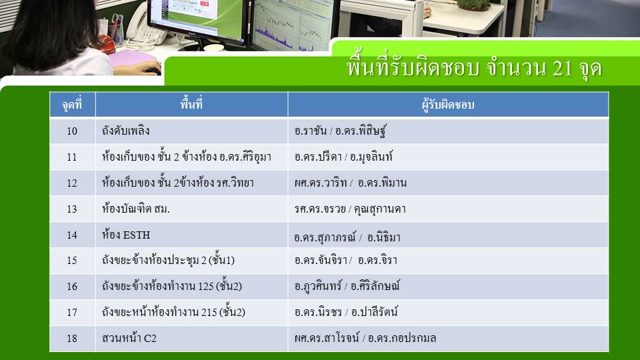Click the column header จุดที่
click(x=72, y=105)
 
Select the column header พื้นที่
click(x=191, y=104)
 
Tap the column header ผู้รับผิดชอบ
click(x=448, y=105)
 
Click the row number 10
click(x=72, y=131)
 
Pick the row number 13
click(x=72, y=209)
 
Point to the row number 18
click(x=72, y=339)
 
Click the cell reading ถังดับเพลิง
click(x=126, y=131)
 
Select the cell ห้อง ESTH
click(x=126, y=235)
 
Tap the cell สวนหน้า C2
click(x=129, y=338)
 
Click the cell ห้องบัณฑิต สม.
click(x=136, y=209)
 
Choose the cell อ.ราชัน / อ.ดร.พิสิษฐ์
click(x=340, y=131)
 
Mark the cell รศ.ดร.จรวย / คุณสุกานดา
click(x=350, y=209)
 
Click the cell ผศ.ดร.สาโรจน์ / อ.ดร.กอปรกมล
click(x=365, y=338)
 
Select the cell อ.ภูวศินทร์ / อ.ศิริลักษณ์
click(x=347, y=286)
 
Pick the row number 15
click(x=72, y=261)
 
